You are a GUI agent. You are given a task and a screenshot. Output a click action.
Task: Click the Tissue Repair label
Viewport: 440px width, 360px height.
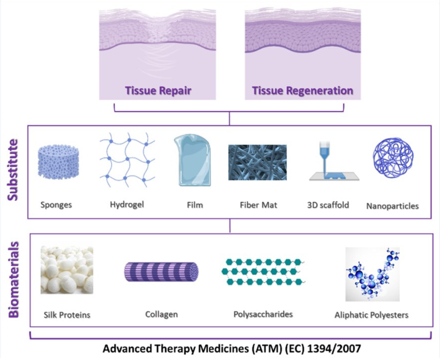click(x=158, y=91)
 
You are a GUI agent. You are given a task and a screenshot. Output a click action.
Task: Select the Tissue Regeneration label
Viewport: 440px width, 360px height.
click(x=302, y=91)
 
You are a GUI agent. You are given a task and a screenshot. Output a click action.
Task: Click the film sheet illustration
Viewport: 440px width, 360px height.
click(x=192, y=161)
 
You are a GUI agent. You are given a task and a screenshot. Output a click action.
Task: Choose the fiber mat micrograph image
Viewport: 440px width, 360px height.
click(x=257, y=162)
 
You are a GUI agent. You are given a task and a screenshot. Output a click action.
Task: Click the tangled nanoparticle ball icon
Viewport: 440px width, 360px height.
click(x=393, y=158)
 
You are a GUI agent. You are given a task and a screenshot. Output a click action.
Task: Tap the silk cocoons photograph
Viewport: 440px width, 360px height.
click(x=67, y=270)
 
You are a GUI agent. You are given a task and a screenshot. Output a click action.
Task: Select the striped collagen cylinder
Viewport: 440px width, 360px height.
click(x=161, y=271)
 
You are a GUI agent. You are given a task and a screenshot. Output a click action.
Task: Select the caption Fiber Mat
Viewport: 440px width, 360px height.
click(x=258, y=204)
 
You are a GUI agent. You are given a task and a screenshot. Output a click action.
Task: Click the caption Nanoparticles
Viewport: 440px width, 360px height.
click(x=392, y=206)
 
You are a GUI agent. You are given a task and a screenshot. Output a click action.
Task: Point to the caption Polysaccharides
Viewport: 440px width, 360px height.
click(x=263, y=314)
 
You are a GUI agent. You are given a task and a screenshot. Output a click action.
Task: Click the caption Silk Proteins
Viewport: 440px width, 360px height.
click(x=67, y=315)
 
